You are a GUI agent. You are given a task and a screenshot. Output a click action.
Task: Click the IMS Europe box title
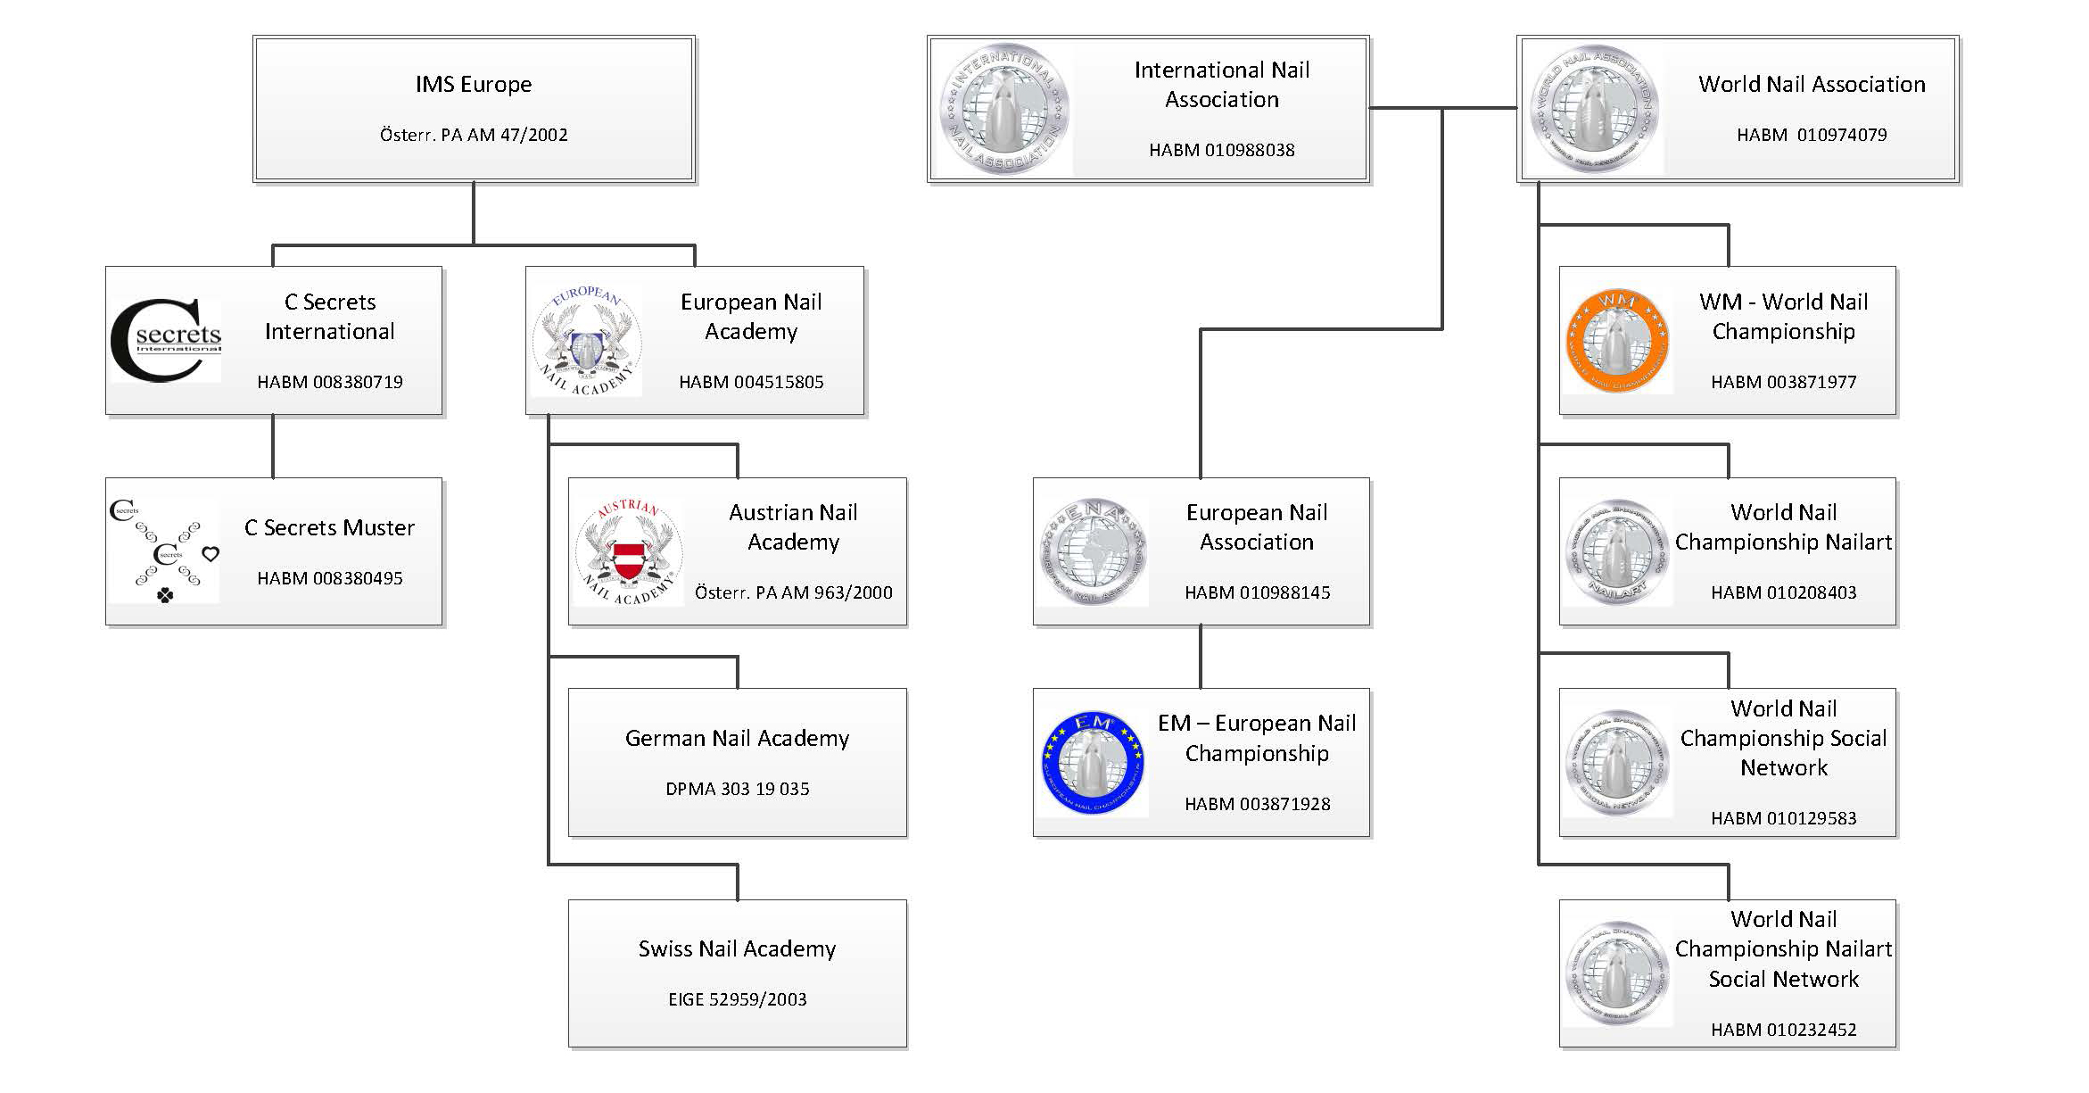coord(474,85)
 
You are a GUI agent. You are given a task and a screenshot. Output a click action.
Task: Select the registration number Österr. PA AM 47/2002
coord(474,135)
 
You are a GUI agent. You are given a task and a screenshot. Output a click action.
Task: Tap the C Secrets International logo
coord(166,341)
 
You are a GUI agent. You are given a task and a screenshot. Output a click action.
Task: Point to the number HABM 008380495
coord(330,578)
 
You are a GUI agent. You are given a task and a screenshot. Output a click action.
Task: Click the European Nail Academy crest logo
coord(588,341)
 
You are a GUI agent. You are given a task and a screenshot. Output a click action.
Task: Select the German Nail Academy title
coord(737,739)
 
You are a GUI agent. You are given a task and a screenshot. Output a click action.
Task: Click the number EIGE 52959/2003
coord(737,999)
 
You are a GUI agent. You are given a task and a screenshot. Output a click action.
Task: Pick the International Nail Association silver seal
coord(1004,109)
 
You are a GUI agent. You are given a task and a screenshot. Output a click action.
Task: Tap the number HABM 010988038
coord(1221,150)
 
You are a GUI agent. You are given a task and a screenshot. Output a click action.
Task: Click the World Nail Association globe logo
coord(1594,109)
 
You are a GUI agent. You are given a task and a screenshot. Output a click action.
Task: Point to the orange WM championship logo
coord(1617,341)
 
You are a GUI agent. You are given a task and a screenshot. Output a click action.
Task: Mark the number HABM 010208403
coord(1783,592)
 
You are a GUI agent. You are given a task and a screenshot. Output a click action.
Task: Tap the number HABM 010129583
coord(1783,818)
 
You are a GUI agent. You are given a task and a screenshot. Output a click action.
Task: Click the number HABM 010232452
coord(1783,1030)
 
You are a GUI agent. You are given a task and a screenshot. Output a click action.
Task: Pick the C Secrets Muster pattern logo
coord(164,551)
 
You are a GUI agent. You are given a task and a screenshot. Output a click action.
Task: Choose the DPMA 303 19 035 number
coord(737,789)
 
